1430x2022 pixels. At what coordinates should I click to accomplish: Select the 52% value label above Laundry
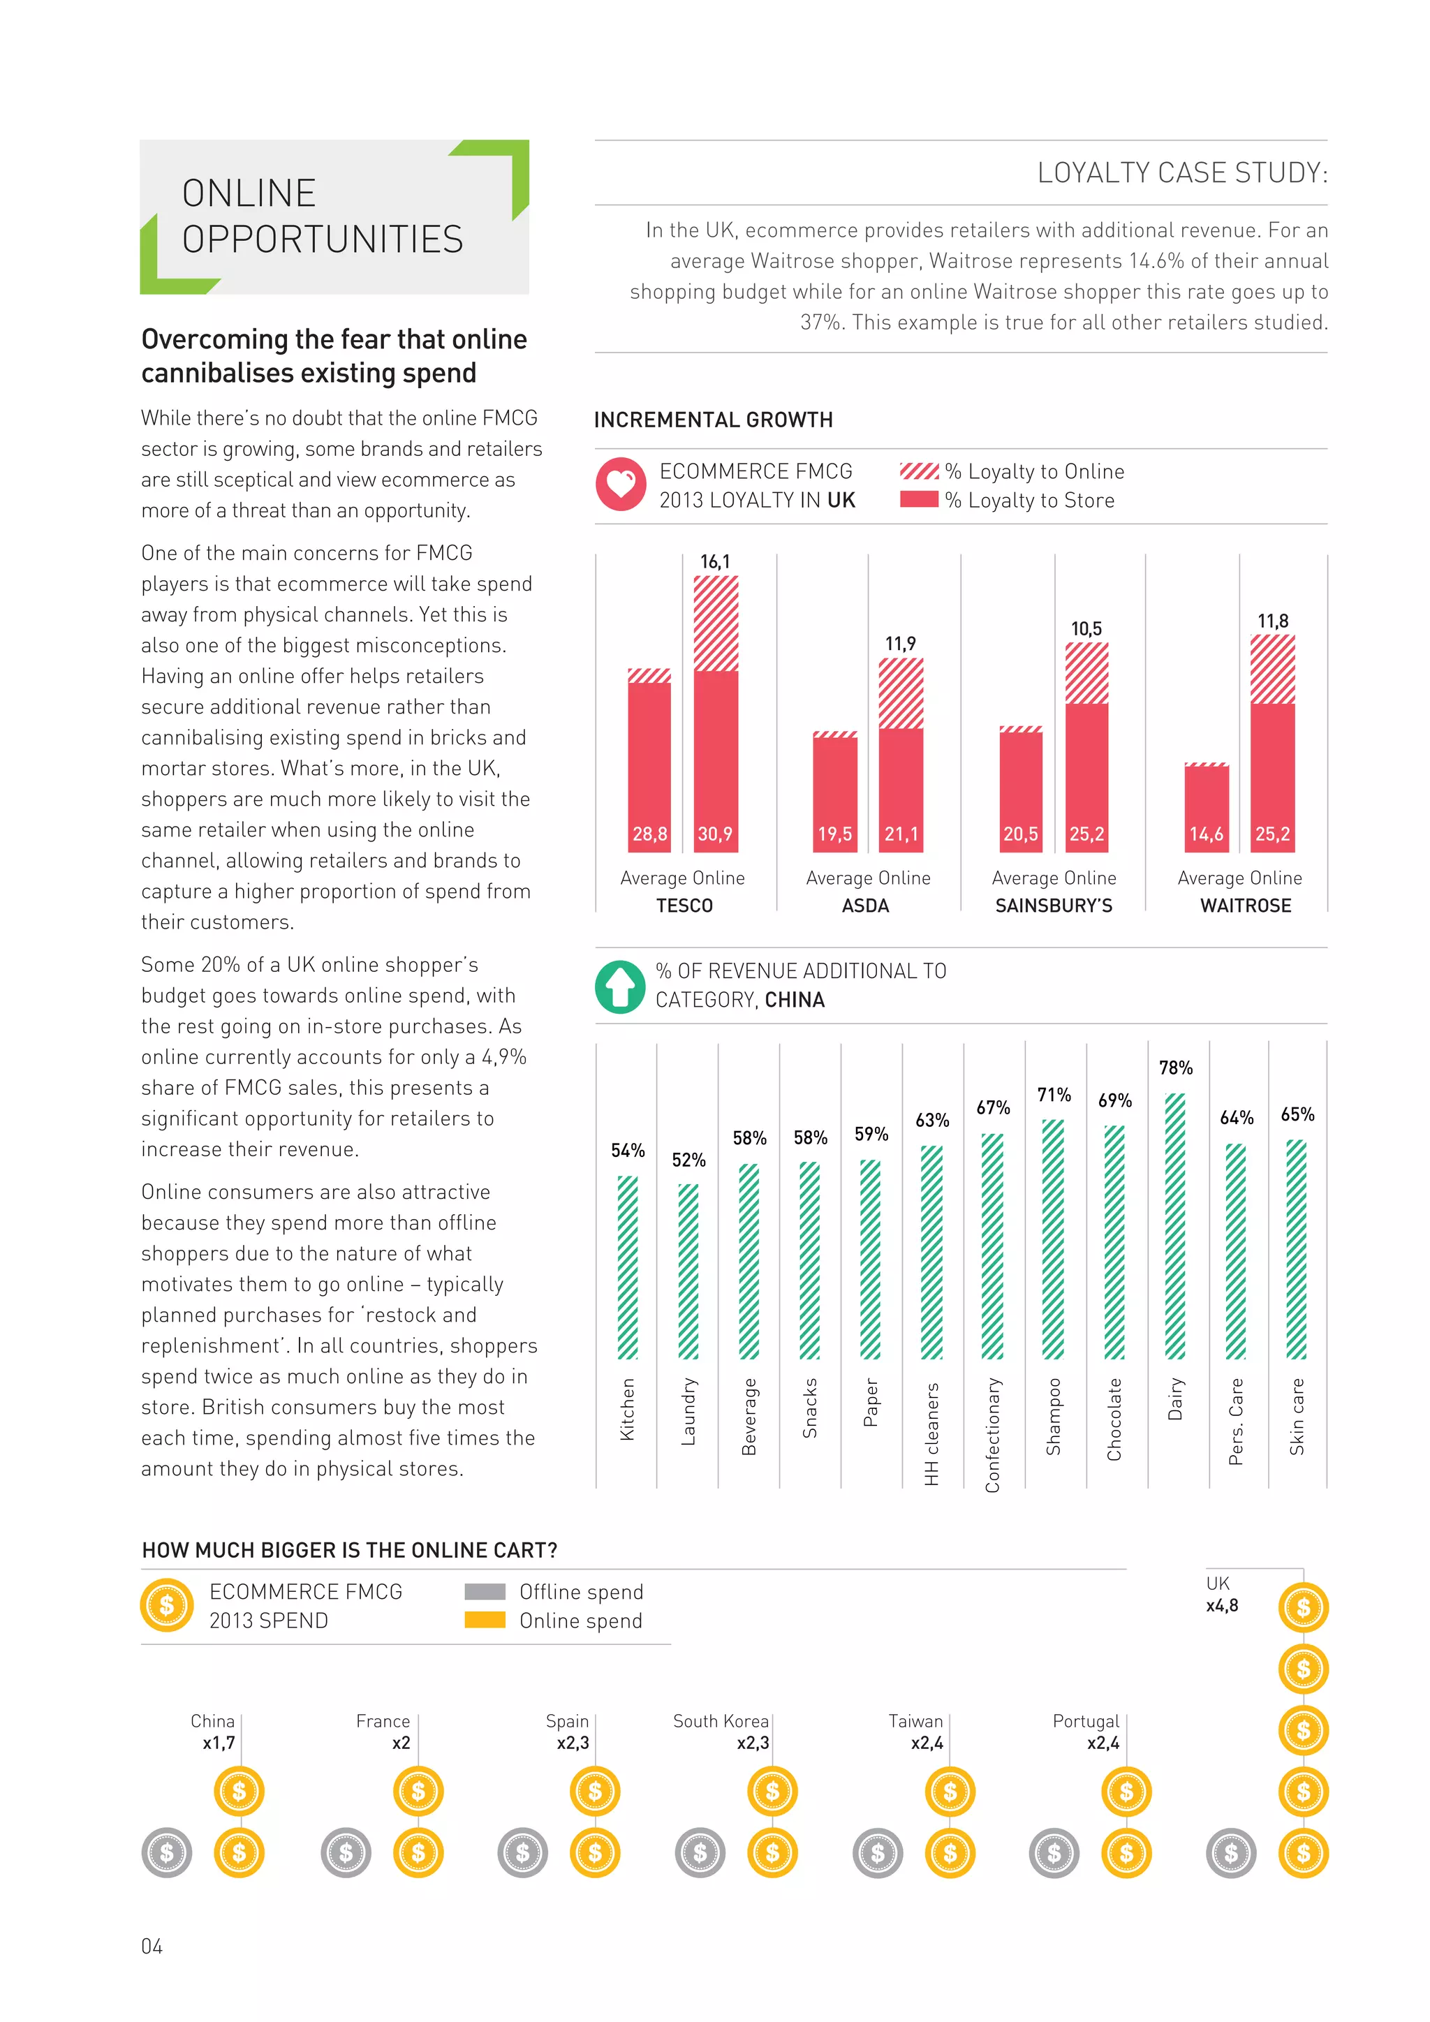[x=688, y=1160]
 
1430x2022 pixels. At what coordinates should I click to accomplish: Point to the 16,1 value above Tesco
[x=715, y=561]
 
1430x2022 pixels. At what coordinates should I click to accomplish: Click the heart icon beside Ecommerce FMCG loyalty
[x=621, y=485]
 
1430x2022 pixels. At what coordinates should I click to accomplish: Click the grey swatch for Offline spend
[x=485, y=1591]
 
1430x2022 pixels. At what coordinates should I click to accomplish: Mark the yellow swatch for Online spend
[x=485, y=1620]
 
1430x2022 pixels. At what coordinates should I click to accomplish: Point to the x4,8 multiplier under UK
[x=1221, y=1605]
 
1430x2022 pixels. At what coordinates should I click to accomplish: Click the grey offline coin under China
[x=166, y=1853]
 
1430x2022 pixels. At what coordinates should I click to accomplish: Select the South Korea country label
[x=721, y=1721]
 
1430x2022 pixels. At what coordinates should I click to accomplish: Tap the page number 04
[x=152, y=1947]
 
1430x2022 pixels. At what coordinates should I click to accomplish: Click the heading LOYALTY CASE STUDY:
[x=1181, y=172]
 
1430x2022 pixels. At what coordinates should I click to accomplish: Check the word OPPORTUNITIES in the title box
[x=323, y=239]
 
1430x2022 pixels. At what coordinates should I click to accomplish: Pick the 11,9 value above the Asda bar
[x=900, y=644]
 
